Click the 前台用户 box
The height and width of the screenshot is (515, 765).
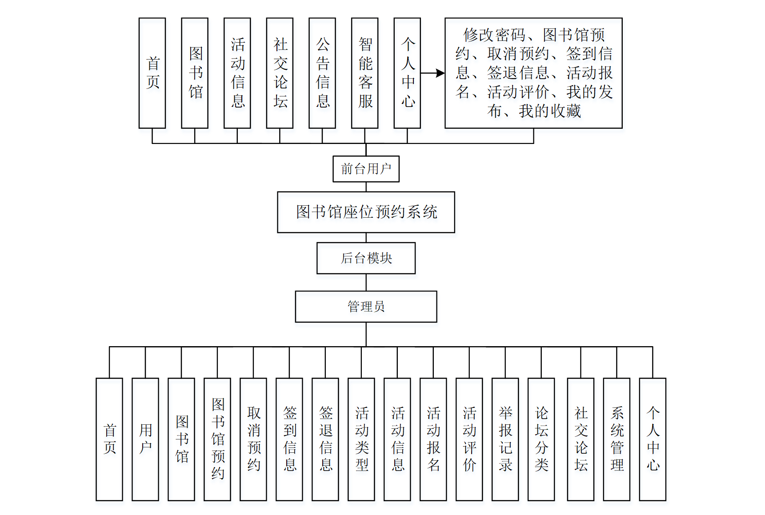[x=366, y=169]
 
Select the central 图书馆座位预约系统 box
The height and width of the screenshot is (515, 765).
[x=366, y=212]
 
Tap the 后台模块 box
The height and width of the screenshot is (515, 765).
[x=366, y=258]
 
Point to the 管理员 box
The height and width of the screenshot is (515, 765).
[x=366, y=307]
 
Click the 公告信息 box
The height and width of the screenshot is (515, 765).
[x=322, y=73]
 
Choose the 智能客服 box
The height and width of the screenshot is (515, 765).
[x=364, y=73]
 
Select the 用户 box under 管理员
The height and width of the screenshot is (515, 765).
[x=145, y=439]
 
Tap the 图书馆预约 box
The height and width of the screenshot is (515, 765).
[x=217, y=439]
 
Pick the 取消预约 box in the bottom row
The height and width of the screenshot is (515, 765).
[x=253, y=439]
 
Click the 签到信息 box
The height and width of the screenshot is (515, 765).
[x=289, y=439]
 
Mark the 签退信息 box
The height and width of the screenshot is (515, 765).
[x=325, y=439]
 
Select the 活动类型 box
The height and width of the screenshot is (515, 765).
[x=361, y=439]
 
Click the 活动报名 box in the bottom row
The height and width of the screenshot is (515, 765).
[x=433, y=439]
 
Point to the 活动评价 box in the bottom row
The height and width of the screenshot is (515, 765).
[x=469, y=439]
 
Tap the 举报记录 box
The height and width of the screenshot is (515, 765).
[x=505, y=439]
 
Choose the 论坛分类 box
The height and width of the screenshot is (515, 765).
[x=541, y=439]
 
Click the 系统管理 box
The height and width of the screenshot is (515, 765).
[x=617, y=439]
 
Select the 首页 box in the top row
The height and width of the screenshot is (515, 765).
[x=152, y=73]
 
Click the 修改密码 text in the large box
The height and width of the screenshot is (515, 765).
[x=494, y=35]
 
